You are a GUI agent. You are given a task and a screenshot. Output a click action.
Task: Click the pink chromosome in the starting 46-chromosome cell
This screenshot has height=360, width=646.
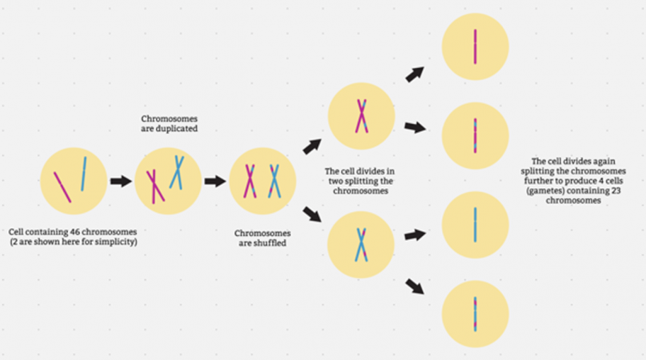62,186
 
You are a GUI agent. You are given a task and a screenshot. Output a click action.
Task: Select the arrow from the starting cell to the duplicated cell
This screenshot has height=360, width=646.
121,182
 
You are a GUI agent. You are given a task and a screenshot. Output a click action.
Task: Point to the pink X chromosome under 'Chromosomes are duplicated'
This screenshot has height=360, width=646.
155,186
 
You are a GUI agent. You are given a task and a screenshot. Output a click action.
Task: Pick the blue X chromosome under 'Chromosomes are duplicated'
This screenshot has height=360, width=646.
176,171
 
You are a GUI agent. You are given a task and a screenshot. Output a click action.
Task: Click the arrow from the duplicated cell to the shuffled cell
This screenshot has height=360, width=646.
214,182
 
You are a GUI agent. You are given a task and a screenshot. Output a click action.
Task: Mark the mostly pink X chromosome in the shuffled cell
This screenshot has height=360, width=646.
249,180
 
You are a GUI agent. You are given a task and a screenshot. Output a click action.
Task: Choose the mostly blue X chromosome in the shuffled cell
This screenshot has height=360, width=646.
274,180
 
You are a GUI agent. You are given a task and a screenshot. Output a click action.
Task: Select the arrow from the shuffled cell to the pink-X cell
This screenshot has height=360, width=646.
311,146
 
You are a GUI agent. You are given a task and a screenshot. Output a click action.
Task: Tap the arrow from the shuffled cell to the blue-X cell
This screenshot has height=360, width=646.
312,217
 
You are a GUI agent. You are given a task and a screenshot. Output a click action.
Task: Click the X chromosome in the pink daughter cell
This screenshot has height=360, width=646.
361,115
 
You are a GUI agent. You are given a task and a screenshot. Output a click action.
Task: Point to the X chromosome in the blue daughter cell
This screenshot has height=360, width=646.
361,243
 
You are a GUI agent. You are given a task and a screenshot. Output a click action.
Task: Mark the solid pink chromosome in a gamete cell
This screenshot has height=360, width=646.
475,46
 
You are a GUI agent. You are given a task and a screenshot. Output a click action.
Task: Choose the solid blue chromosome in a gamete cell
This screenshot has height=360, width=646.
475,224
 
